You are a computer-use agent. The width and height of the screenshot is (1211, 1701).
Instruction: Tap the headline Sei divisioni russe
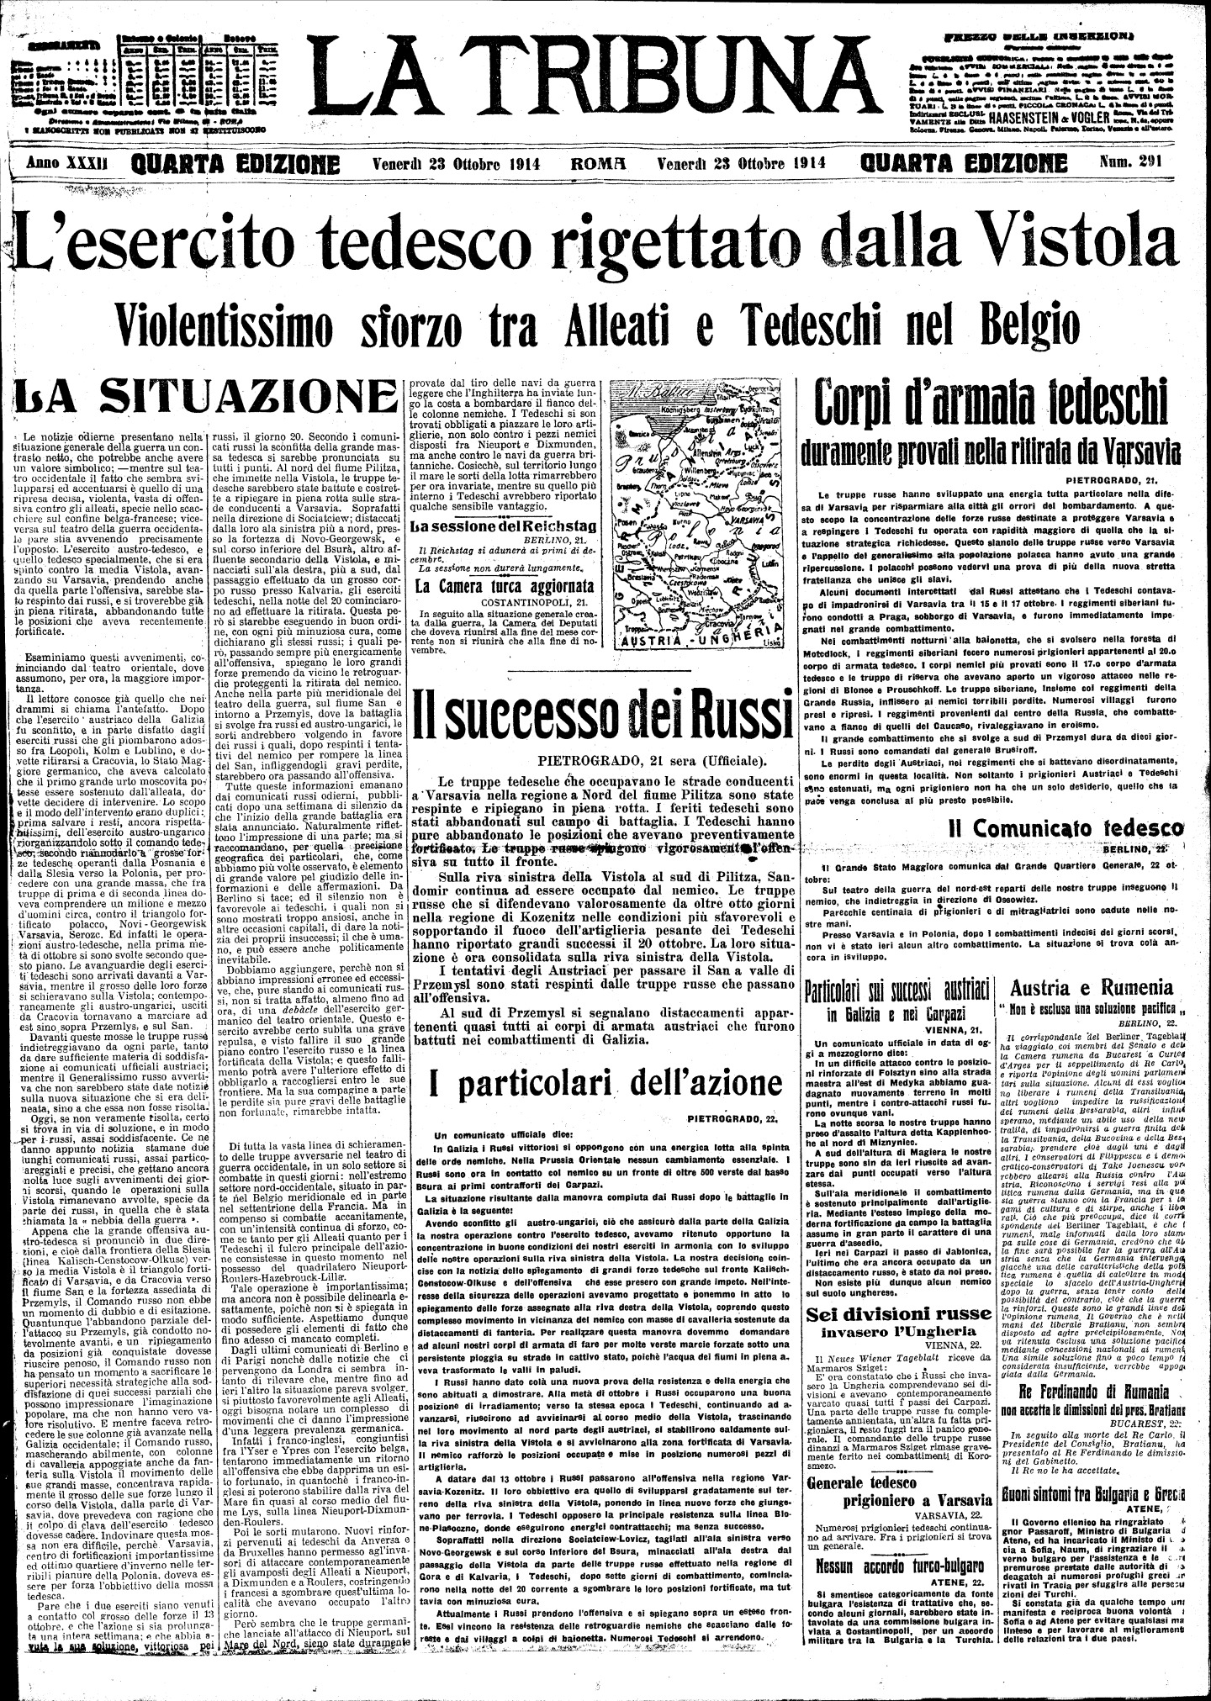point(890,1314)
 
